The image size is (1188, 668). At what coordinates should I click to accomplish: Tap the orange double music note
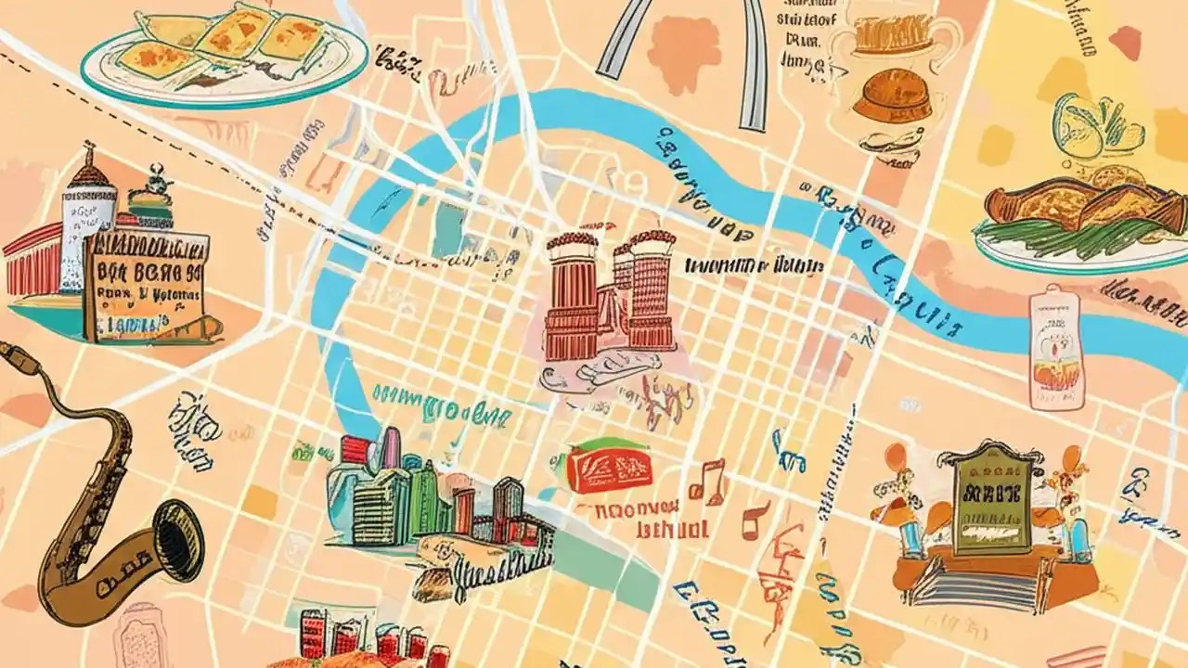(707, 480)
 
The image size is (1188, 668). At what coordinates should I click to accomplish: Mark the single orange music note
(755, 520)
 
